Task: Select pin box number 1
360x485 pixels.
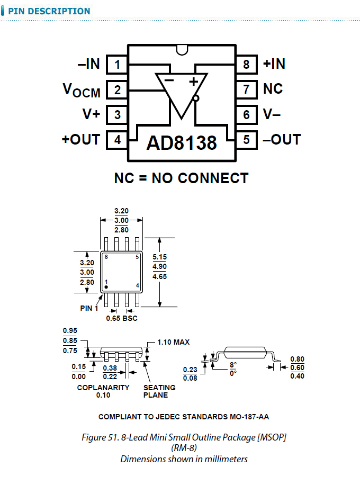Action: (118, 65)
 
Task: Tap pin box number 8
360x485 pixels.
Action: (246, 65)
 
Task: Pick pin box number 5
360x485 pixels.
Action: (246, 140)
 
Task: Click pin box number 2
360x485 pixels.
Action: (118, 90)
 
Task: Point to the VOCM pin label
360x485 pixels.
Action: (82, 90)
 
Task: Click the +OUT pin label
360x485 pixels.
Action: (80, 140)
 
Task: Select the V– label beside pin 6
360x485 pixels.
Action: (273, 114)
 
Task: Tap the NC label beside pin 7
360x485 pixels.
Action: (273, 89)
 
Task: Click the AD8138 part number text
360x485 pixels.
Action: (182, 143)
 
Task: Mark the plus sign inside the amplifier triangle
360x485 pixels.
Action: (193, 81)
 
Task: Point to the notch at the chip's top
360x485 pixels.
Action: (182, 50)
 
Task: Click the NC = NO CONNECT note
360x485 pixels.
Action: (181, 178)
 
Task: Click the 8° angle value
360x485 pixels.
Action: (232, 365)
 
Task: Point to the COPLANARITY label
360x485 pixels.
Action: (103, 388)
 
